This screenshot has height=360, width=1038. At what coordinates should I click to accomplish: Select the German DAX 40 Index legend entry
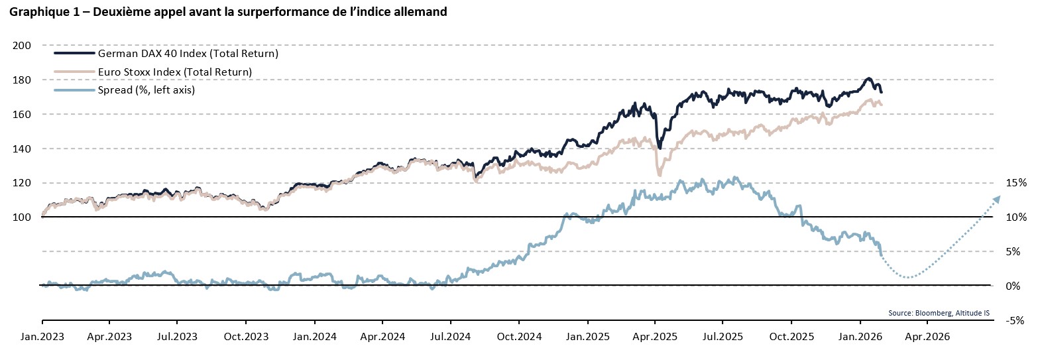click(x=188, y=53)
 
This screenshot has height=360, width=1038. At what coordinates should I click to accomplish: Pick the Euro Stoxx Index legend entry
click(x=174, y=71)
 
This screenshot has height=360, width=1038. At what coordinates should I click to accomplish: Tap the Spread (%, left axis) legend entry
click(x=146, y=90)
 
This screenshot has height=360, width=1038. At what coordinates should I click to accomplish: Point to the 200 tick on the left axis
click(x=22, y=46)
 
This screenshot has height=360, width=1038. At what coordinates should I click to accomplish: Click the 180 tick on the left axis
click(x=22, y=80)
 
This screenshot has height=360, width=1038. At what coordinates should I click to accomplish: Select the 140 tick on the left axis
click(x=22, y=149)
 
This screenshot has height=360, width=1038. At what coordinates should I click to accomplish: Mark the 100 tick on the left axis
click(x=22, y=217)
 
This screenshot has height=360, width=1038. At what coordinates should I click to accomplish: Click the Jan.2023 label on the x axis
click(x=41, y=336)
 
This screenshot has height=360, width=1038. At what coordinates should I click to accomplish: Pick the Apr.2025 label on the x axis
click(x=654, y=336)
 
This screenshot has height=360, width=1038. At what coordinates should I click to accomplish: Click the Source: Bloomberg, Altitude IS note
click(x=948, y=312)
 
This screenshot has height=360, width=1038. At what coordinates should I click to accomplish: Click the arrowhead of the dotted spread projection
click(x=997, y=198)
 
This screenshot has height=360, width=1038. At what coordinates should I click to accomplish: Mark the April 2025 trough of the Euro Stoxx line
click(x=660, y=175)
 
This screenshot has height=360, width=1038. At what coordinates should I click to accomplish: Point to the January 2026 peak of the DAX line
click(x=868, y=78)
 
